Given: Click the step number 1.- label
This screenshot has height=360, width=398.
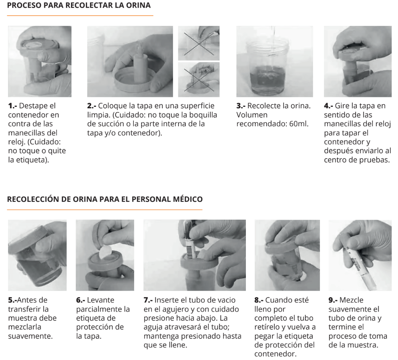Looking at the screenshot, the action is pyautogui.click(x=13, y=106).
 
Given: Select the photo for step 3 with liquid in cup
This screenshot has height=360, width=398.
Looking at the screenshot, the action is pyautogui.click(x=274, y=61).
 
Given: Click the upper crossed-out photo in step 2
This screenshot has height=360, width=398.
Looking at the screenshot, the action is pyautogui.click(x=199, y=43).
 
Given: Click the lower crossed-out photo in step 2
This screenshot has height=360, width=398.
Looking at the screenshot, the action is pyautogui.click(x=199, y=80).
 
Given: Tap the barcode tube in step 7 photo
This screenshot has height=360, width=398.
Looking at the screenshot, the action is pyautogui.click(x=189, y=241).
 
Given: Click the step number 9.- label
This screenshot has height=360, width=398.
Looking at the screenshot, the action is pyautogui.click(x=333, y=300).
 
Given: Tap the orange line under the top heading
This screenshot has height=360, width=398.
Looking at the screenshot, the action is pyautogui.click(x=80, y=16).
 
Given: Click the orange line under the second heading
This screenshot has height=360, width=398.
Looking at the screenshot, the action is pyautogui.click(x=104, y=210).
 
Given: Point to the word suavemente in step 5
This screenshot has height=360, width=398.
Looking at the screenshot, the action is pyautogui.click(x=30, y=336).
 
